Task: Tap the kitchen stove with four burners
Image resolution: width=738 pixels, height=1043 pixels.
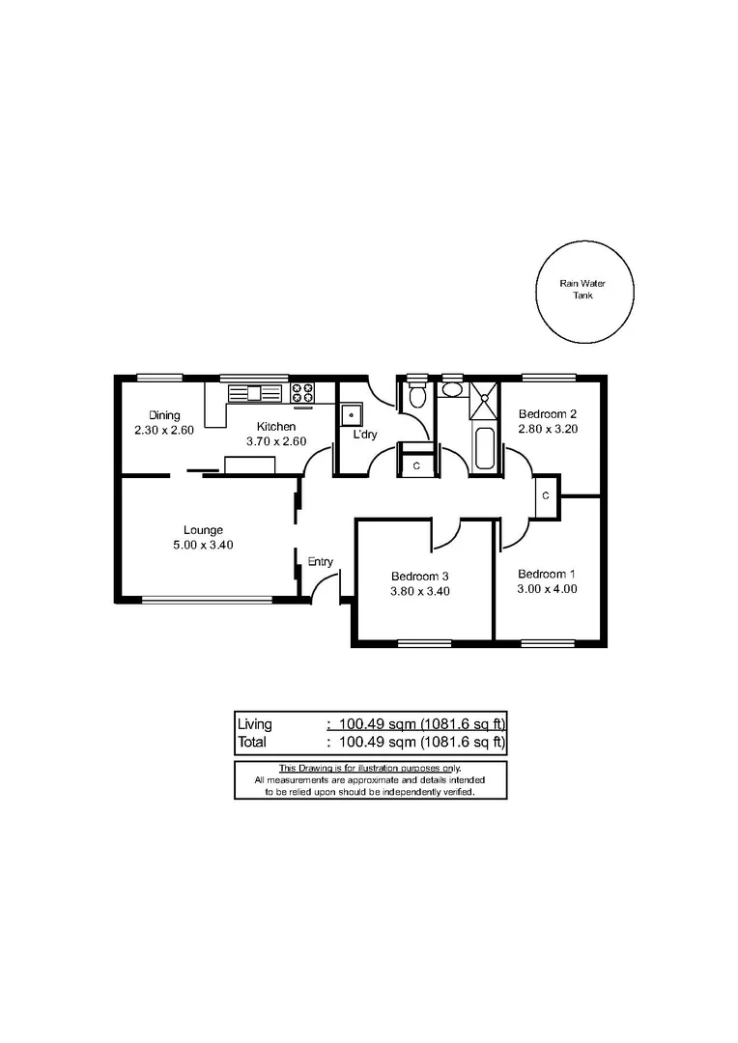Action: [x=302, y=392]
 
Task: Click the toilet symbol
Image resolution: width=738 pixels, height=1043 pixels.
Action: [x=417, y=395]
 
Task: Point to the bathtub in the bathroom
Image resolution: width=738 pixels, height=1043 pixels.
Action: [x=485, y=449]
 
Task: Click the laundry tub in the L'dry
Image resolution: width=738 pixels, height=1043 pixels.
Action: [x=351, y=414]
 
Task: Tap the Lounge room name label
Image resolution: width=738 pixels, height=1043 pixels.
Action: [x=203, y=529]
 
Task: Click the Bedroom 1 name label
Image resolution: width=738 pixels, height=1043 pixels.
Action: [x=547, y=571]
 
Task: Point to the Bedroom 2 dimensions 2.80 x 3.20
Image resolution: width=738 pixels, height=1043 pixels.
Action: [x=548, y=430]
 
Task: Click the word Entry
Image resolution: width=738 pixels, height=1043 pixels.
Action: [x=320, y=561]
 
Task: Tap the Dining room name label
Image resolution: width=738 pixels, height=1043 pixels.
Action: [x=164, y=415]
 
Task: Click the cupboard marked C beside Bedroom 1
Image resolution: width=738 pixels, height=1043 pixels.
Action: [x=546, y=495]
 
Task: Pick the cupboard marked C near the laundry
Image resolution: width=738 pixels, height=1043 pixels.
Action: [x=416, y=465]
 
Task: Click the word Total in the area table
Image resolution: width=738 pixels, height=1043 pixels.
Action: [x=253, y=743]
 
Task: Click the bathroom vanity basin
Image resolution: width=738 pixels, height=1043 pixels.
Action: [x=451, y=391]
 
